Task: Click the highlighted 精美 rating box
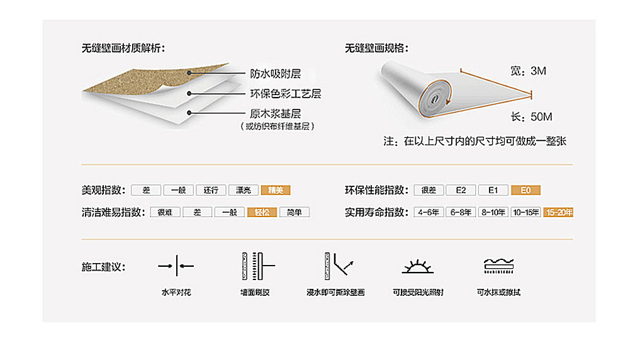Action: [276, 190]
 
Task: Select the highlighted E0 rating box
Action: [526, 190]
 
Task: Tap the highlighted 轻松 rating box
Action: [262, 212]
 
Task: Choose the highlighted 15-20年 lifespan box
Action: [559, 212]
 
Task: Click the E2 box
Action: [461, 190]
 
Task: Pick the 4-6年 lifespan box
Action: [429, 212]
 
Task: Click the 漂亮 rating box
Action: [244, 190]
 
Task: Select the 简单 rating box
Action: [294, 212]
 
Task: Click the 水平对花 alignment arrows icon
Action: [176, 266]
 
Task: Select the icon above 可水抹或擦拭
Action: [498, 266]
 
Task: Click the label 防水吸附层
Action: [275, 74]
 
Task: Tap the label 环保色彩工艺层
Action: [286, 94]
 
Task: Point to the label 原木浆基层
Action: [275, 114]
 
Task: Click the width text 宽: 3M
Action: [528, 71]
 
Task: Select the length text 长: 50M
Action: [532, 117]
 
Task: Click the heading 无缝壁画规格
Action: [376, 48]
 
